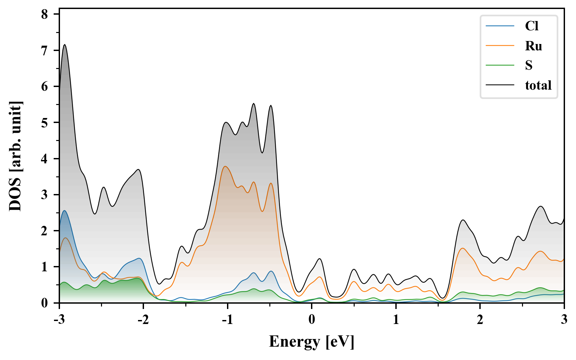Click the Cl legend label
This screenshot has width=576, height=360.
(531, 26)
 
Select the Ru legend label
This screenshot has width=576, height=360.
(533, 46)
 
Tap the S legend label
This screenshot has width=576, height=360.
(529, 65)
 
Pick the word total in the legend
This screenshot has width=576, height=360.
(538, 85)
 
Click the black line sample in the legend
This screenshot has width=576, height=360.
(500, 85)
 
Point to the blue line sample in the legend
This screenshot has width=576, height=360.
(500, 26)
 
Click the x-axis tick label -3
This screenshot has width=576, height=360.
(59, 319)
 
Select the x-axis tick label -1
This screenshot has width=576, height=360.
(227, 319)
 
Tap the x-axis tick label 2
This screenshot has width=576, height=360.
(480, 319)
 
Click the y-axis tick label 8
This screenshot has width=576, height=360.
(44, 14)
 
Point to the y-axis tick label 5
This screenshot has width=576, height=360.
(44, 123)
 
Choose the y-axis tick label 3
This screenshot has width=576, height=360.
(44, 195)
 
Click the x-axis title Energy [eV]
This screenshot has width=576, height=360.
(312, 341)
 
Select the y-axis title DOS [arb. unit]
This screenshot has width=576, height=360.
(15, 156)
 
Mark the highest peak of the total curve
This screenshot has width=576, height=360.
(65, 45)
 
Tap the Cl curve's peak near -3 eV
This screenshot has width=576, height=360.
(64, 211)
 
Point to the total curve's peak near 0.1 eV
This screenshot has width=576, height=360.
(320, 259)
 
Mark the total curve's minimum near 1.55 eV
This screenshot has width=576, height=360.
(442, 298)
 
